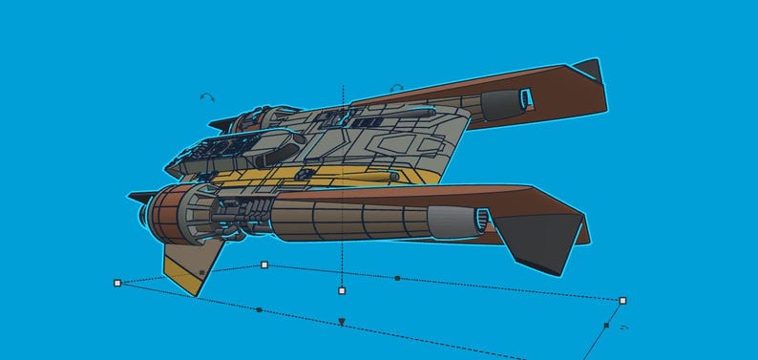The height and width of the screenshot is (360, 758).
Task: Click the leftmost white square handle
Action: (x=117, y=283)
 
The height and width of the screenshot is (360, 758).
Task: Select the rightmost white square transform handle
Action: (x=622, y=300)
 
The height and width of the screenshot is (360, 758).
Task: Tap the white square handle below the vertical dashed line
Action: (x=342, y=290)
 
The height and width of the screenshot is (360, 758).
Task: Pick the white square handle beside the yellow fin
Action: (x=264, y=265)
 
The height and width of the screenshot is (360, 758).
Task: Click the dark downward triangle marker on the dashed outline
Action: (x=342, y=323)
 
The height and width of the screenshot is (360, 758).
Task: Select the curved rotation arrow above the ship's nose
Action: (x=207, y=96)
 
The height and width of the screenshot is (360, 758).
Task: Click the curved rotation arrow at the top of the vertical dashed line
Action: (x=396, y=88)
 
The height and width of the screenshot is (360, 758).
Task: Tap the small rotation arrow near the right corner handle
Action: (x=623, y=328)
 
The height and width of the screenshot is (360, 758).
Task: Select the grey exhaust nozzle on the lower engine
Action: (x=456, y=222)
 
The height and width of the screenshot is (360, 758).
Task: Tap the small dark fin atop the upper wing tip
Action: (x=587, y=71)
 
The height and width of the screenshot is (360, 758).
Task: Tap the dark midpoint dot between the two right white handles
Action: (x=397, y=278)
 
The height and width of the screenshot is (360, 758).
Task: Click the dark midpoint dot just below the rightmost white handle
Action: (x=606, y=326)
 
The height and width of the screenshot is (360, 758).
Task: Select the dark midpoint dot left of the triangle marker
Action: (x=259, y=309)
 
